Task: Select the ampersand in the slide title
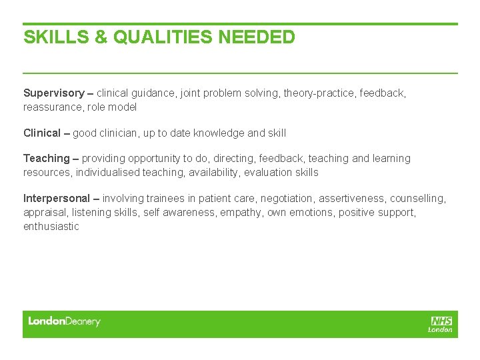tap(101, 37)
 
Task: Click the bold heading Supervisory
tap(54, 93)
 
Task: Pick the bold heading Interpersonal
tap(56, 199)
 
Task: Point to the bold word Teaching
tap(47, 159)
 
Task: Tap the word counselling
tap(418, 199)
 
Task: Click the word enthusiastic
tap(51, 227)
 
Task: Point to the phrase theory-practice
tap(319, 93)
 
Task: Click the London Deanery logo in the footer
tap(64, 321)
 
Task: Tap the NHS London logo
tap(441, 324)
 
